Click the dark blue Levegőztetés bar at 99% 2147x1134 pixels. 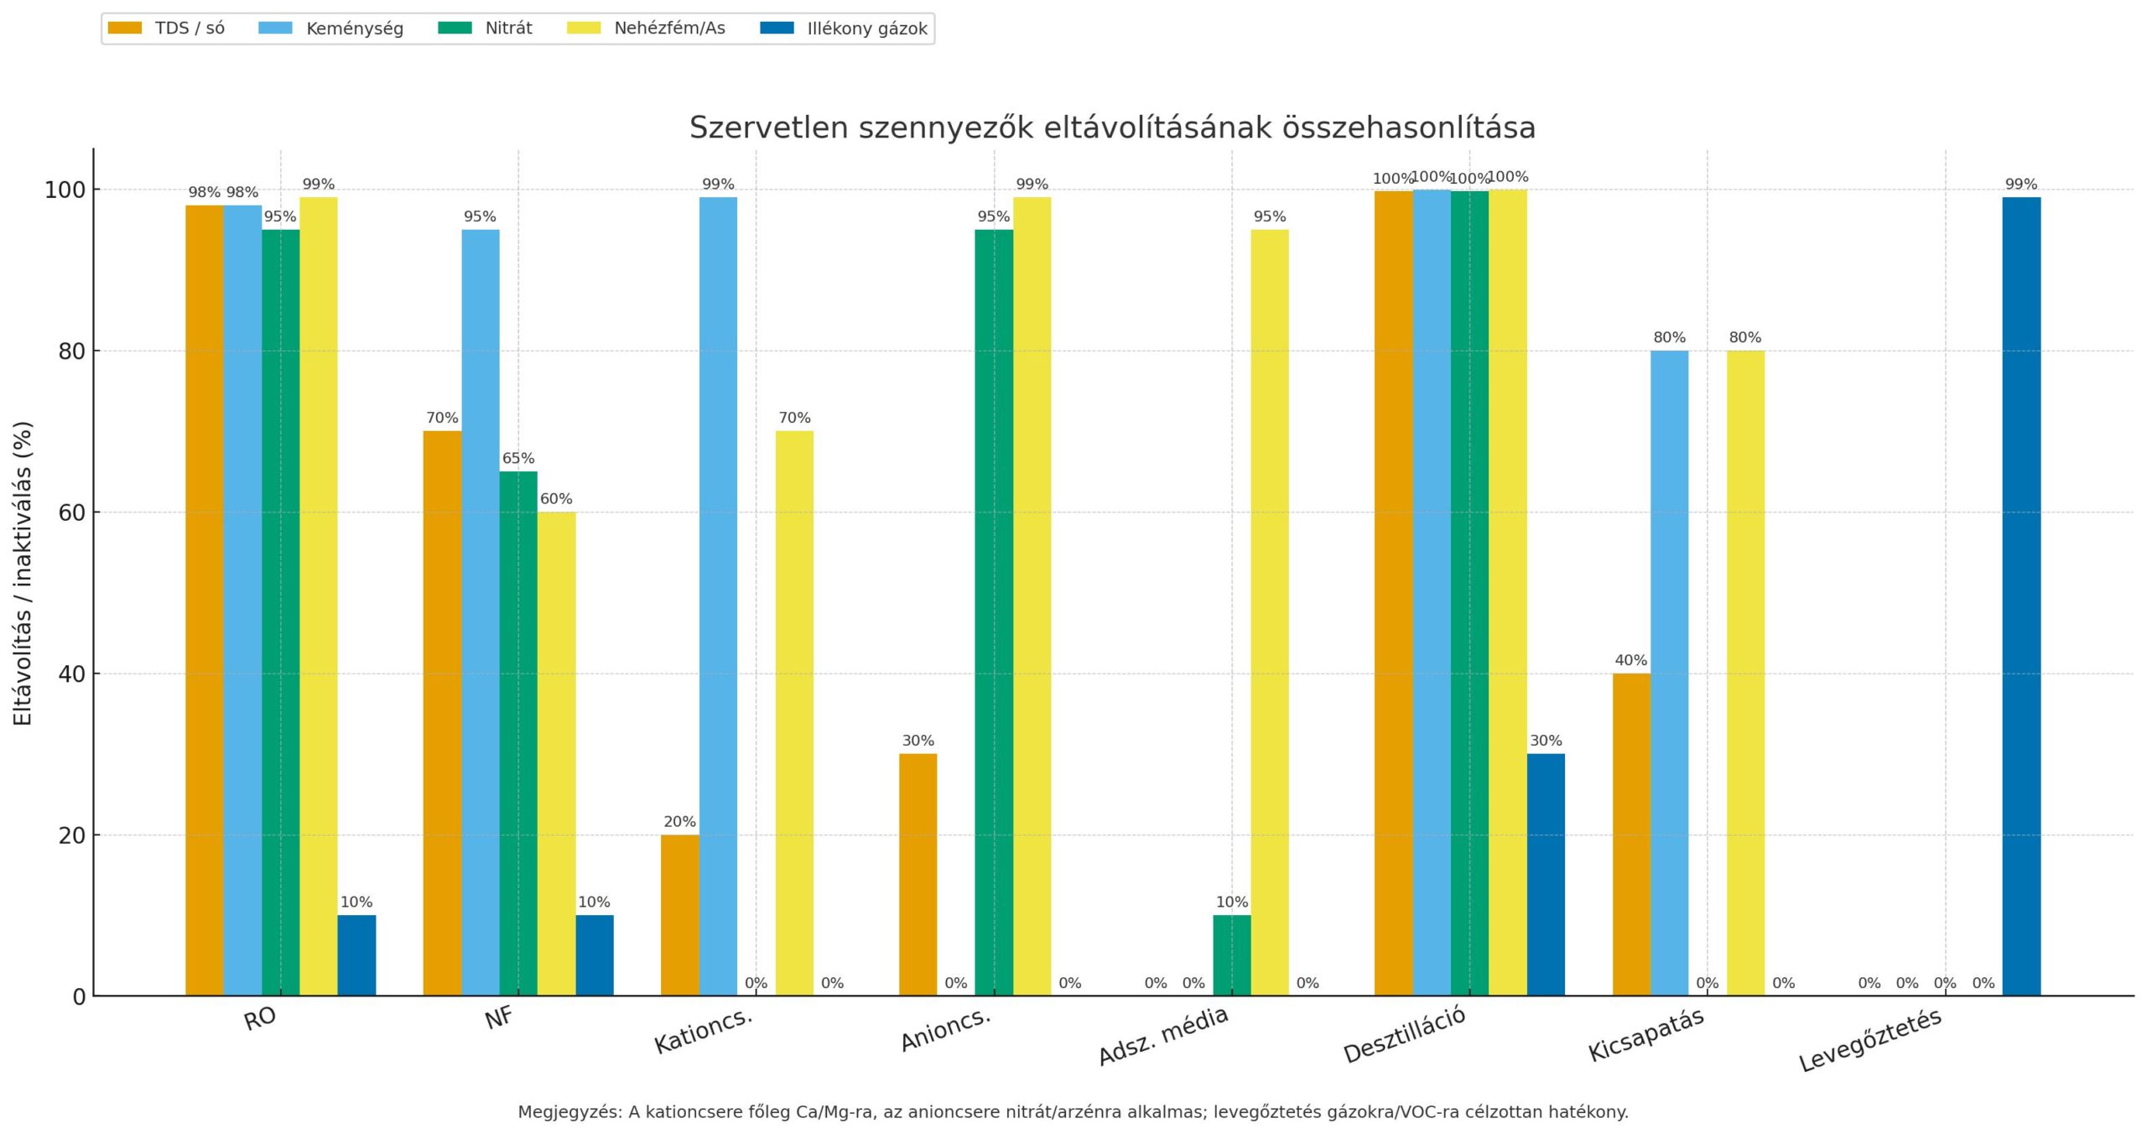click(x=2021, y=596)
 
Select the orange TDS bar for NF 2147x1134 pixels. click(x=442, y=713)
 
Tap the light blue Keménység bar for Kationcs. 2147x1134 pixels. click(x=718, y=596)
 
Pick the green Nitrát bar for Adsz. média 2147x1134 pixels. click(x=1231, y=955)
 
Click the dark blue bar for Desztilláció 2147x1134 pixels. click(x=1546, y=875)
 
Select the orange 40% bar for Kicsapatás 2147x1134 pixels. click(x=1631, y=835)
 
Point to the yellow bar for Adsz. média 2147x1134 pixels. click(x=1270, y=612)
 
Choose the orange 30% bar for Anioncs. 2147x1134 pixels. click(x=918, y=875)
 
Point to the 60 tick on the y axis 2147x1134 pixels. click(x=72, y=512)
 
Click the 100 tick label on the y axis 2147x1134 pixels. click(x=65, y=190)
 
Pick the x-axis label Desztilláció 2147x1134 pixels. click(x=1405, y=1034)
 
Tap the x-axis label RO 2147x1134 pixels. click(x=260, y=1019)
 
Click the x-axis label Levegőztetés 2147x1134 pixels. click(x=1870, y=1040)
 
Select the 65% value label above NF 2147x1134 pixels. click(x=518, y=459)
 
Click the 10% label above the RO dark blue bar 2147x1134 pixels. click(x=356, y=903)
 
